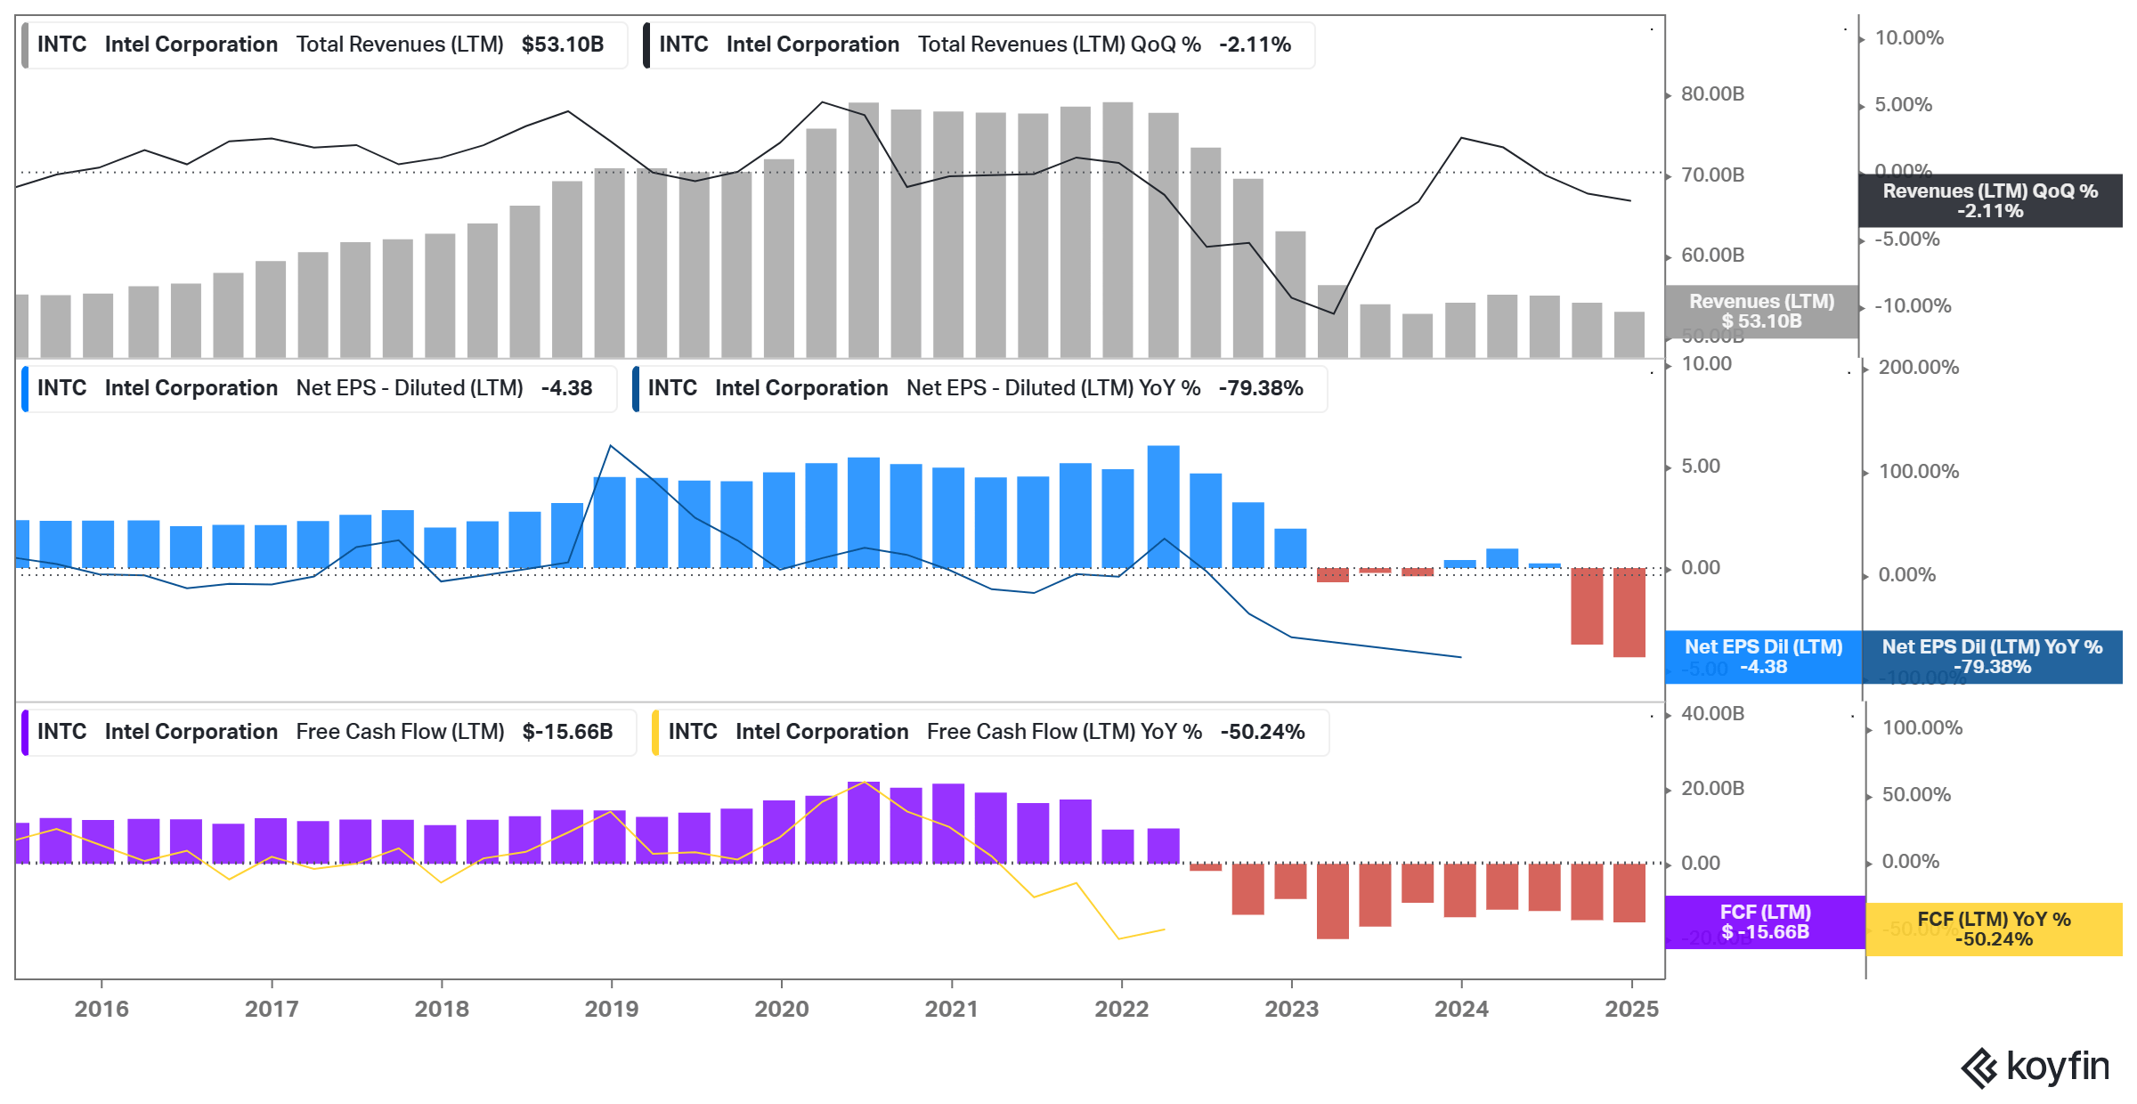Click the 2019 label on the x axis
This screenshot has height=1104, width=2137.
pos(611,1009)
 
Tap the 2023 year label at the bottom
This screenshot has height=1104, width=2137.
pos(1291,1009)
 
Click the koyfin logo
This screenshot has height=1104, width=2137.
pos(2035,1067)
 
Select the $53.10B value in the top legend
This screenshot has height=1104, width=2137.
pos(562,45)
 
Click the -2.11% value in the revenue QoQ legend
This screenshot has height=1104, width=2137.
pos(1255,45)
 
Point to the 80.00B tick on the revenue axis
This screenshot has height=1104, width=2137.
pos(1711,94)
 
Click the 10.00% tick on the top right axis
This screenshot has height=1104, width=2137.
pos(1908,38)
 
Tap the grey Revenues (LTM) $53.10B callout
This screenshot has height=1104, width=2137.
pos(1761,312)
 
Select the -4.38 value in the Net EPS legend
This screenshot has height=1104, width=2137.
pos(566,388)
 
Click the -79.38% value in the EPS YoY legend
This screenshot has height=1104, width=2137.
pos(1260,388)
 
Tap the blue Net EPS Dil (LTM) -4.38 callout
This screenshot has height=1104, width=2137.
pos(1762,657)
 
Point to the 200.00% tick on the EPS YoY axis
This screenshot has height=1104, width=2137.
pos(1917,368)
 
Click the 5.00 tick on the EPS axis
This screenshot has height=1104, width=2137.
pos(1700,467)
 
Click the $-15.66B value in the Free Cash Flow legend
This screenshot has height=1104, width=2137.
pos(567,732)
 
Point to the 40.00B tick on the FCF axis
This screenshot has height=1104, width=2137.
pos(1711,714)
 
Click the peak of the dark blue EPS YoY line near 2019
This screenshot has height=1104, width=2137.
pos(610,446)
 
